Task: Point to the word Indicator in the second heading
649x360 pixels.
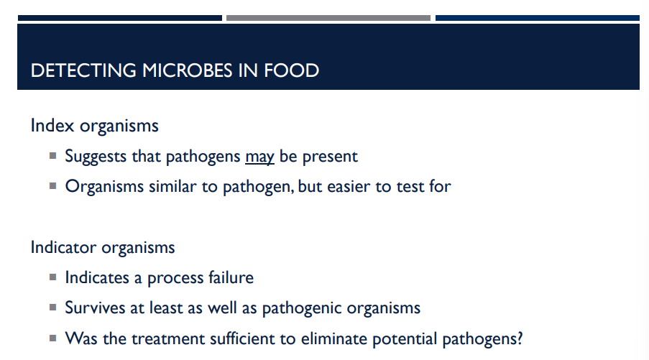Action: click(x=63, y=248)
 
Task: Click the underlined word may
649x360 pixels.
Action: click(x=259, y=156)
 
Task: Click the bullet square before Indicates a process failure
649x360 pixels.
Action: click(x=53, y=277)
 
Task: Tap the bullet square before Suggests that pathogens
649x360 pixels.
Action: click(x=53, y=155)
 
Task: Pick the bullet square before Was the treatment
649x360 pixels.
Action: click(x=53, y=338)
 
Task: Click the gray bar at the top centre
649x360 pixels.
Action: click(x=328, y=18)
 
